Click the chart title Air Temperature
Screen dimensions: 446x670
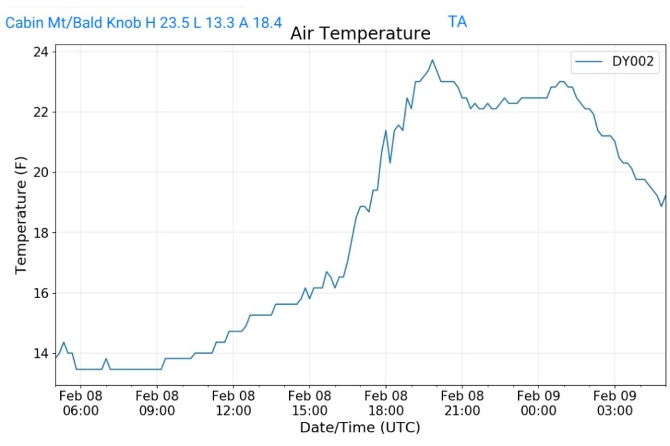point(360,33)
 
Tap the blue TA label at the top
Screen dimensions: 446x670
point(457,22)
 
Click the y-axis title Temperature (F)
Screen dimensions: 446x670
point(21,214)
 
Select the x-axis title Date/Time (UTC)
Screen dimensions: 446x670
point(360,428)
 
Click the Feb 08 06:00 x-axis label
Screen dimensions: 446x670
point(80,403)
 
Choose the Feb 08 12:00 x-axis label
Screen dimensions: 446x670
point(233,403)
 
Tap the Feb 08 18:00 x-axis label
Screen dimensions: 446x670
point(385,403)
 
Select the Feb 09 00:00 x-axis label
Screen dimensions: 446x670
point(538,403)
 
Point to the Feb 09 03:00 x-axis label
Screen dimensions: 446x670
point(614,403)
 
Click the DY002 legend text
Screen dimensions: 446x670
point(635,63)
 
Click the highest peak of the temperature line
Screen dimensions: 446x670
point(432,60)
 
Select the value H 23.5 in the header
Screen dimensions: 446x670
point(160,23)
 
